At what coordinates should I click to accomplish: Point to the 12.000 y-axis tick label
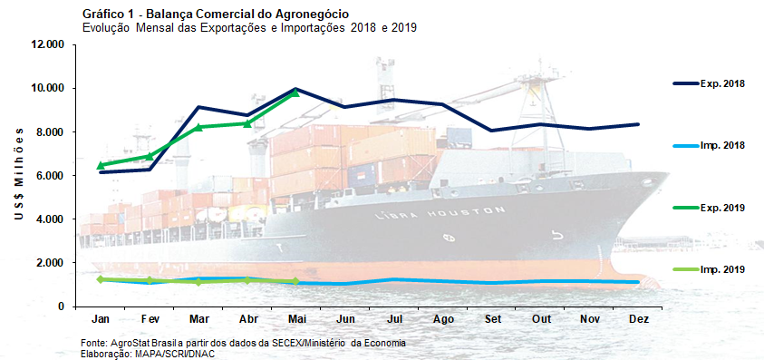pos(46,44)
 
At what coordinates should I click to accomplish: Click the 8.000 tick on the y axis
pos(49,132)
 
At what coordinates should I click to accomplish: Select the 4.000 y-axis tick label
pos(49,219)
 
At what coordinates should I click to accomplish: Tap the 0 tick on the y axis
pos(60,306)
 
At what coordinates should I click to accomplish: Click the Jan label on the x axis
pos(102,320)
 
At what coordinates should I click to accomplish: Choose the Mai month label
pos(296,320)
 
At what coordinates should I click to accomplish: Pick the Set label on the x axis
pos(492,320)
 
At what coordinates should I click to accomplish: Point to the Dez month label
pos(638,320)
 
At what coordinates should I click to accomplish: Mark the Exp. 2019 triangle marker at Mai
pos(295,92)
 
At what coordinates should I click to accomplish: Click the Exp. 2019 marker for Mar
pos(199,127)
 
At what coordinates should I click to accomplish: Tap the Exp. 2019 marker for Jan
pos(102,165)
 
